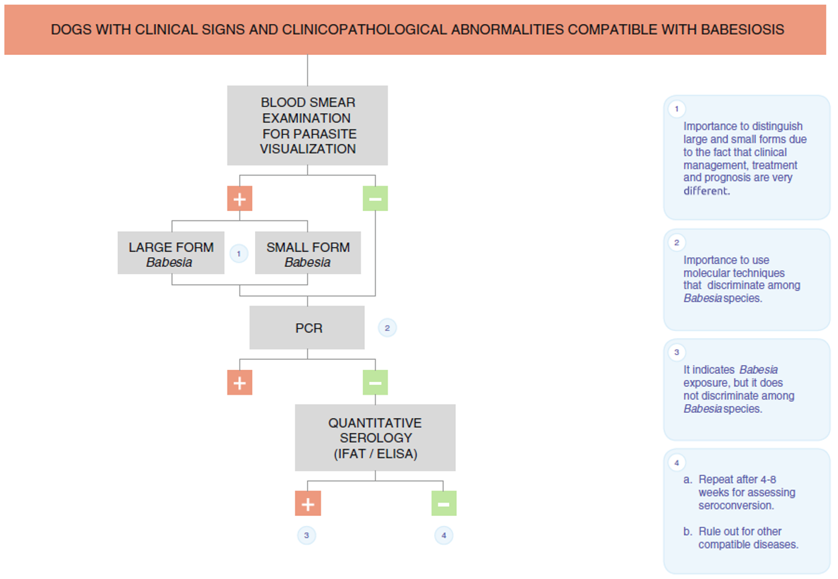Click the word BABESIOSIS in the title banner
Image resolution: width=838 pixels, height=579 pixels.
point(742,29)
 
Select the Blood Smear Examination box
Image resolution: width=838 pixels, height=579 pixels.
point(307,125)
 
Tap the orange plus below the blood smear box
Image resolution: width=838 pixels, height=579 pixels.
point(240,198)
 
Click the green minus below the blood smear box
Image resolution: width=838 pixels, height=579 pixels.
point(375,198)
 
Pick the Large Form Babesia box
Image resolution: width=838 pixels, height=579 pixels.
point(171,253)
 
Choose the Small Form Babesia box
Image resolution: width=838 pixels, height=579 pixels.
point(308,253)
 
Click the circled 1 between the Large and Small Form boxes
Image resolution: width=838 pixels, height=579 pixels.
point(239,253)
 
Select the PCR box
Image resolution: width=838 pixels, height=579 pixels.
point(307,328)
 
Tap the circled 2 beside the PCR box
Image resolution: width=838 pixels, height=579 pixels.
point(387,328)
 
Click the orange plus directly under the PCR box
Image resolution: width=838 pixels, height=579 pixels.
point(240,383)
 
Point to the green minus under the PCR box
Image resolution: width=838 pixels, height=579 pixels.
point(375,383)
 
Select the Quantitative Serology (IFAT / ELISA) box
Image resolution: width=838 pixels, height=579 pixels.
point(375,438)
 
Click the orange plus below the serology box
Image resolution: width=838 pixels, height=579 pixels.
point(308,503)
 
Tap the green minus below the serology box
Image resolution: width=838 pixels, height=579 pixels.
point(444,503)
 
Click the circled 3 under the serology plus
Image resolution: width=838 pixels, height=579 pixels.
point(307,535)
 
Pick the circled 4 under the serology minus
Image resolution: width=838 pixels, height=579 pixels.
point(444,535)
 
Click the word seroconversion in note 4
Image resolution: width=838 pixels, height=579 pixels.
point(735,505)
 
